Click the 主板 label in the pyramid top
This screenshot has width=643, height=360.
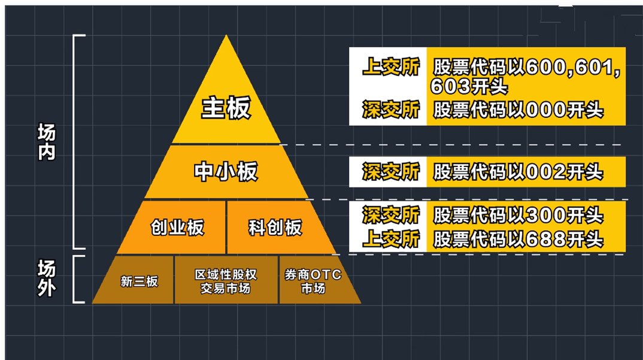(226, 108)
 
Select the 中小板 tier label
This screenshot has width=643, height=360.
(226, 172)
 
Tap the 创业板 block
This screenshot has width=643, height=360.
(177, 228)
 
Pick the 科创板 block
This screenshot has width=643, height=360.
(275, 228)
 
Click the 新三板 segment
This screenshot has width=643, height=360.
(139, 281)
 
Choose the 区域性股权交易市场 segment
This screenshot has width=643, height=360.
(226, 281)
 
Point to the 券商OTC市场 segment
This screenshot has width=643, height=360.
(313, 281)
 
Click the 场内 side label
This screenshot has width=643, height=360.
(47, 142)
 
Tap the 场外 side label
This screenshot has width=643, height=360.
(47, 279)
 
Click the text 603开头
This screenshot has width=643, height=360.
(469, 86)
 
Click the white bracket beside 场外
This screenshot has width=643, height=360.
(76, 279)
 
